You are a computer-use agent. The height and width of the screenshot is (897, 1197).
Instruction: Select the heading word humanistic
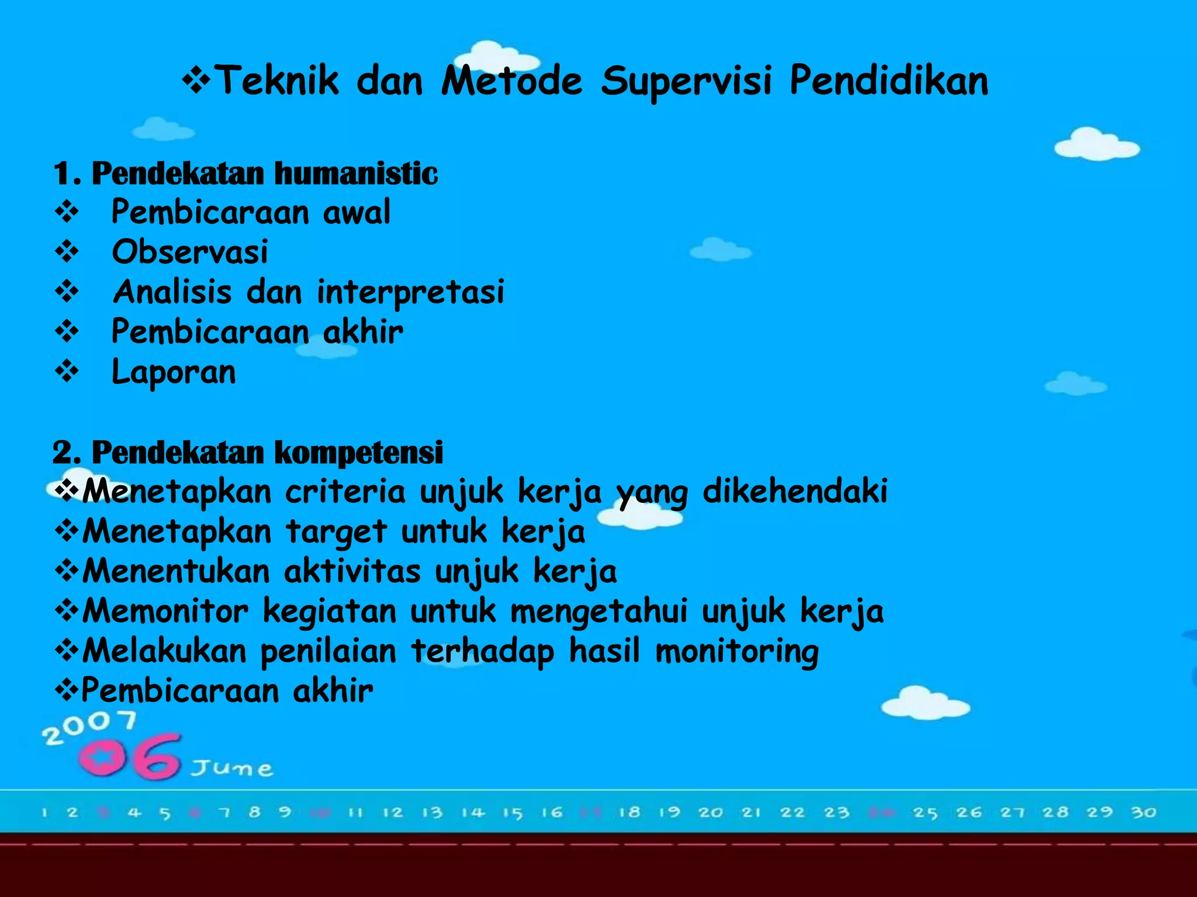pyautogui.click(x=355, y=173)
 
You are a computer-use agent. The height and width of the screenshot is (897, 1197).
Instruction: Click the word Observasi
pyautogui.click(x=190, y=252)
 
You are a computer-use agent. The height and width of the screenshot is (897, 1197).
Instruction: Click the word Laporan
pyautogui.click(x=174, y=372)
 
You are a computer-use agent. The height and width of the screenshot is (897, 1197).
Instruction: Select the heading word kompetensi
pyautogui.click(x=358, y=453)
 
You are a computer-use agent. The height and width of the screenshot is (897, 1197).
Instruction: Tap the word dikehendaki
pyautogui.click(x=794, y=491)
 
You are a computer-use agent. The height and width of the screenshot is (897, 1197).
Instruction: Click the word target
pyautogui.click(x=336, y=531)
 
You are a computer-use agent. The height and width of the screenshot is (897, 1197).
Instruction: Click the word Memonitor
pyautogui.click(x=165, y=611)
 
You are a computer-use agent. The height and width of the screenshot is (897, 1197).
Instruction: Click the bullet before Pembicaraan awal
pyautogui.click(x=67, y=212)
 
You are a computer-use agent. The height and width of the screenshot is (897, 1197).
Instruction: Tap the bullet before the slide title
pyautogui.click(x=196, y=81)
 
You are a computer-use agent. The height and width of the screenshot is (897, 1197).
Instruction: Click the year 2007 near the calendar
pyautogui.click(x=89, y=727)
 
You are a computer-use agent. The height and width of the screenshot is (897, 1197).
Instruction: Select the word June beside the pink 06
pyautogui.click(x=232, y=768)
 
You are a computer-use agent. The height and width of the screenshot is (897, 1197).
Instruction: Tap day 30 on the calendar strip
pyautogui.click(x=1143, y=812)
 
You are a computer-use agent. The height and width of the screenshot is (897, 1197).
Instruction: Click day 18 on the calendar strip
pyautogui.click(x=629, y=812)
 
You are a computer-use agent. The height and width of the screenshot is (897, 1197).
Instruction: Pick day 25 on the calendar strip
pyautogui.click(x=925, y=813)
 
